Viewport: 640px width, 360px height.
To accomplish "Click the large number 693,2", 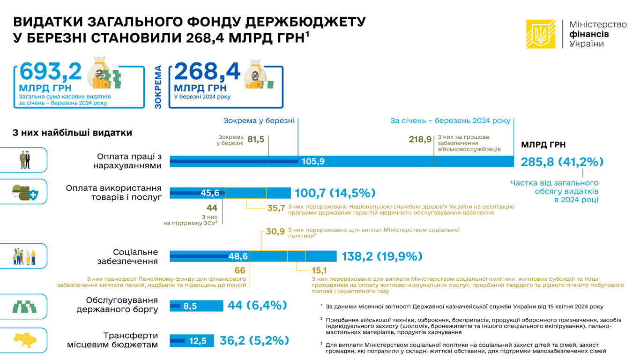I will pos(51,72).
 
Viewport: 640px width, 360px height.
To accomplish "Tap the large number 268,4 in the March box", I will pos(207,72).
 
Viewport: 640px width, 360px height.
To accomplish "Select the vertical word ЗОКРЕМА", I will pos(158,87).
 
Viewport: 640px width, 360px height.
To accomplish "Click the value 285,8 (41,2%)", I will pos(562,162).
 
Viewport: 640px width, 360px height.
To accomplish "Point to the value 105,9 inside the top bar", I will pos(313,162).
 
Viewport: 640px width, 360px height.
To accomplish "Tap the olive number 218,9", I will pos(420,139).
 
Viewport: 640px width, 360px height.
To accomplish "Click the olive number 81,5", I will pos(256,139).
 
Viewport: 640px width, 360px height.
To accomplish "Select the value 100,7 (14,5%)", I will pos(335,193).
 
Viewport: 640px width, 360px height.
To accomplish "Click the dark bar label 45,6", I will pos(210,193).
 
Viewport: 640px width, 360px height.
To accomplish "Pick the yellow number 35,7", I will pos(276,208).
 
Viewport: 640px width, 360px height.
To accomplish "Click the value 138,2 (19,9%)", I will pos(382,256).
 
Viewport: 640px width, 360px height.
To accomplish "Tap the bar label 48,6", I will pos(238,256).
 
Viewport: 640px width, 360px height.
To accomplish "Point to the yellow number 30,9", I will pos(275,231).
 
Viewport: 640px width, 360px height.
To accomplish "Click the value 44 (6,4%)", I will pos(257,306).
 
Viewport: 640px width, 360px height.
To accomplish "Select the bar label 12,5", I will pos(198,341).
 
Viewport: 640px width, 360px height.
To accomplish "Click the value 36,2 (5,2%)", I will pos(254,341).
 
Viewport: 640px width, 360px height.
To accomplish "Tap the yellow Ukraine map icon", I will pos(24,341).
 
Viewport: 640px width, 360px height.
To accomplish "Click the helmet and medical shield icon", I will pos(24,192).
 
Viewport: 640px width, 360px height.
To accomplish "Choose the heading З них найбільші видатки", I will pos(72,133).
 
